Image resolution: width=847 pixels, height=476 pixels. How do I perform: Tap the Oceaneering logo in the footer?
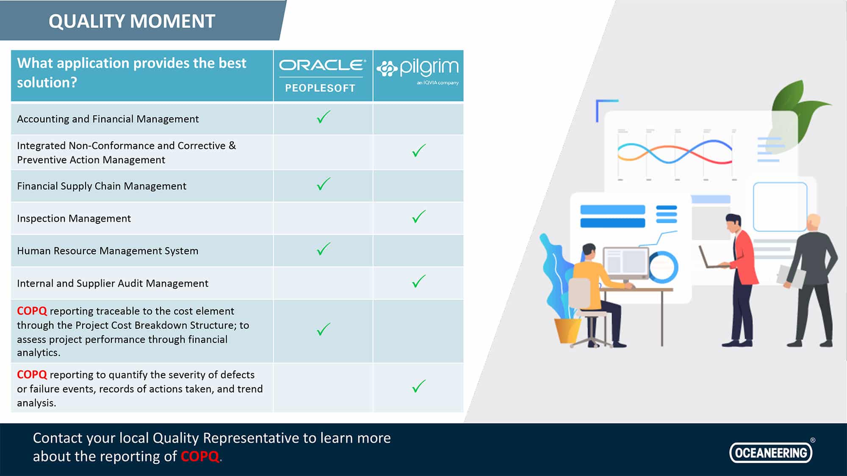click(x=771, y=452)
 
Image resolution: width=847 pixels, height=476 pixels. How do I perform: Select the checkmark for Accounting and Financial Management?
click(x=324, y=117)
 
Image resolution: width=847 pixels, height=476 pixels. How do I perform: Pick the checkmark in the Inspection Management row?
click(x=419, y=217)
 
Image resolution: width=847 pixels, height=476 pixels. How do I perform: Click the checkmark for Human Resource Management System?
click(x=324, y=249)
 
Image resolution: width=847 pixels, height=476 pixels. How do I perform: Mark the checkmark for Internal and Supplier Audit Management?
click(x=419, y=281)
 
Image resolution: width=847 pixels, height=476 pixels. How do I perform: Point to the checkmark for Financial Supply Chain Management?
click(x=324, y=184)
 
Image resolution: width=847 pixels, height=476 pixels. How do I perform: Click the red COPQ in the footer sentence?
click(x=200, y=457)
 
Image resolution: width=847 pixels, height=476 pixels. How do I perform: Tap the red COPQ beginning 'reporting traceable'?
click(x=32, y=311)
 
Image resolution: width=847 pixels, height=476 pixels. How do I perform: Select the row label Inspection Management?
click(x=74, y=218)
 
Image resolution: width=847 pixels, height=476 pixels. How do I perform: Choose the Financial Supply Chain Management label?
click(x=102, y=186)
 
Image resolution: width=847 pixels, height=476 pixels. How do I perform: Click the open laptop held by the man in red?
click(x=712, y=258)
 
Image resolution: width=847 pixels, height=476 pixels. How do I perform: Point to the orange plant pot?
click(x=567, y=330)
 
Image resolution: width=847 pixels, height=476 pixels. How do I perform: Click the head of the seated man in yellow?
click(x=589, y=253)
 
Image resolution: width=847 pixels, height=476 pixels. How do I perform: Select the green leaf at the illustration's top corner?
click(x=796, y=110)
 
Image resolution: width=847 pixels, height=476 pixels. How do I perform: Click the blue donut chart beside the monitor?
click(x=664, y=267)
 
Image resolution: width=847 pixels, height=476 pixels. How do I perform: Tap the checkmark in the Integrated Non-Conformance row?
click(x=419, y=151)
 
